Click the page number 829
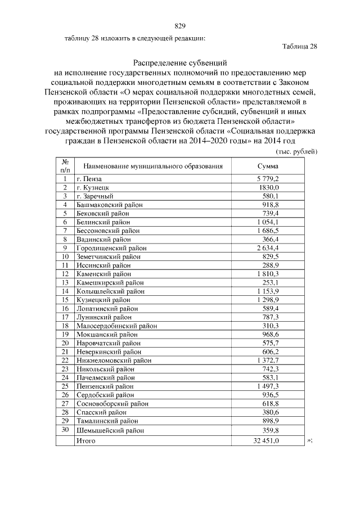(x=180, y=26)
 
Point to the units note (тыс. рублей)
(x=296, y=152)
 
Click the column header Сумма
(x=268, y=166)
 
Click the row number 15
(x=65, y=300)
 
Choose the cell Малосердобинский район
(x=117, y=326)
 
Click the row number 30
(x=65, y=430)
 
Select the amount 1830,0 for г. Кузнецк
(x=268, y=187)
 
